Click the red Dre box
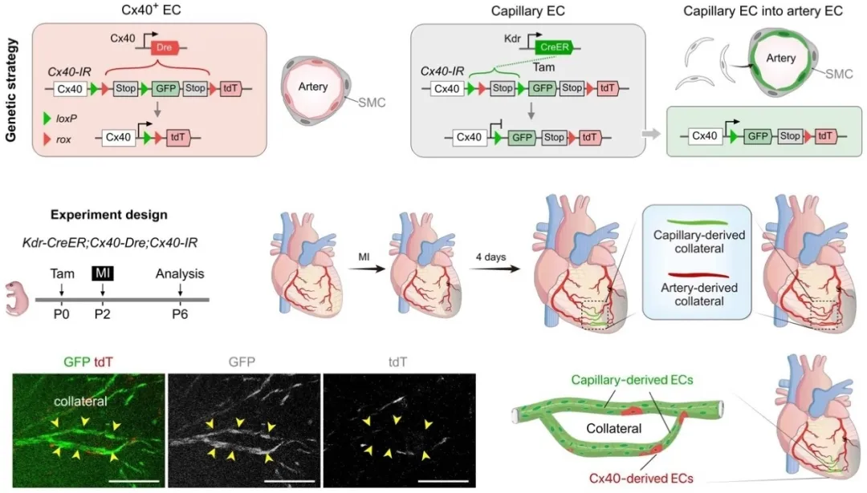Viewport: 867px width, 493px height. pos(165,47)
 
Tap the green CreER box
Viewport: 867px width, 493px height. pos(554,47)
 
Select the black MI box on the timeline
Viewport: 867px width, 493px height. pos(102,273)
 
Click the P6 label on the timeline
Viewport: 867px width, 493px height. pos(180,314)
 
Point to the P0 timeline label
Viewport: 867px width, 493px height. pos(61,314)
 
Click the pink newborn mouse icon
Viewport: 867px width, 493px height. pos(17,298)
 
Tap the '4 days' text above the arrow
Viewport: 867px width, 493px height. pos(491,257)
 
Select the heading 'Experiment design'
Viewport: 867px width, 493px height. pos(109,215)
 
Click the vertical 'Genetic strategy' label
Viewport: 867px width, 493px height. pos(11,90)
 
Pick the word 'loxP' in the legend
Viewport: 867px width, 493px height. pos(67,119)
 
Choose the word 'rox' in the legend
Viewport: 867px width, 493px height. pos(63,139)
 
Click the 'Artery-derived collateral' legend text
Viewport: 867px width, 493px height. pos(699,294)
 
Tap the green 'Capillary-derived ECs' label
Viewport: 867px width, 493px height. pos(632,380)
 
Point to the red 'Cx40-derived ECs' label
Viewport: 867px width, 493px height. pos(641,478)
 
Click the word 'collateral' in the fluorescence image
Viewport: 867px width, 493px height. pos(81,402)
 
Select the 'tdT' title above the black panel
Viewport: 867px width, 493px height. pos(397,362)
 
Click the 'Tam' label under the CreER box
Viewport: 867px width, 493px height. pos(543,67)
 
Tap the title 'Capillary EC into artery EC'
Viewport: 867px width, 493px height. pos(763,11)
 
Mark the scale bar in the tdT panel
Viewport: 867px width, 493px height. pos(443,480)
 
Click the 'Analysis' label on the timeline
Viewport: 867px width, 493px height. pos(180,274)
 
